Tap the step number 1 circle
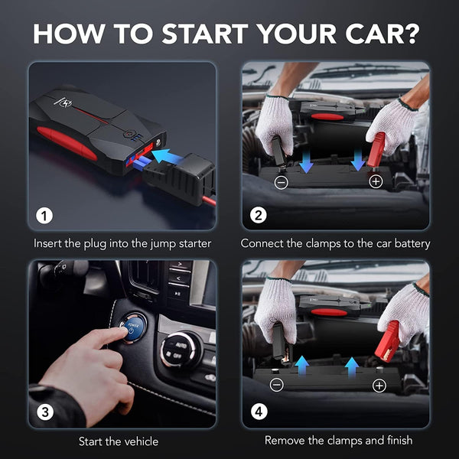(46, 216)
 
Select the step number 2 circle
(259, 216)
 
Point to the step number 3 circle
(46, 412)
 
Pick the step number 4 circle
(259, 412)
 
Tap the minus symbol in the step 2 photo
(281, 182)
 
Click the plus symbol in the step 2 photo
(376, 181)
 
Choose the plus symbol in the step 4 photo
(379, 385)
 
